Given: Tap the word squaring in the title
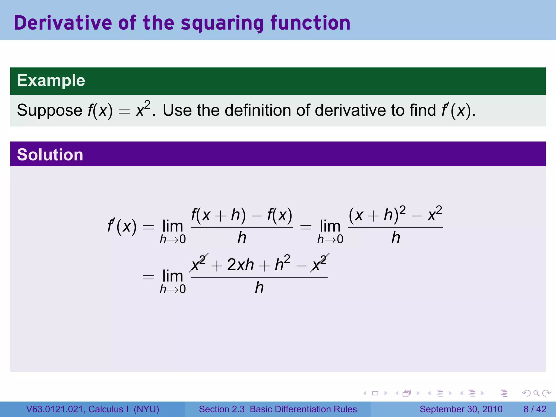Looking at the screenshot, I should [222, 23].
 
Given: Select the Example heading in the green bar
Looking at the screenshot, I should [51, 81].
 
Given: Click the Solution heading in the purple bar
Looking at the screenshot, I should [50, 155].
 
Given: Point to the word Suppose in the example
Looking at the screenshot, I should [49, 110].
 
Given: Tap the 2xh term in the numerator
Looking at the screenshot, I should [240, 265].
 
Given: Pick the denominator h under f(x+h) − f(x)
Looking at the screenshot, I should [242, 238].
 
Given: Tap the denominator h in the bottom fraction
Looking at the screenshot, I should [259, 288].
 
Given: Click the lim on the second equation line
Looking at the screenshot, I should [173, 276].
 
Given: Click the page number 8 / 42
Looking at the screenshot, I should [535, 409].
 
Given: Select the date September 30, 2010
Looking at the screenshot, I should [461, 409].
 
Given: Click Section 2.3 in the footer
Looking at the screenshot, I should [222, 409].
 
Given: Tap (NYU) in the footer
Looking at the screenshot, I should [146, 409].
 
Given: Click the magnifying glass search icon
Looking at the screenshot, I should [536, 393].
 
